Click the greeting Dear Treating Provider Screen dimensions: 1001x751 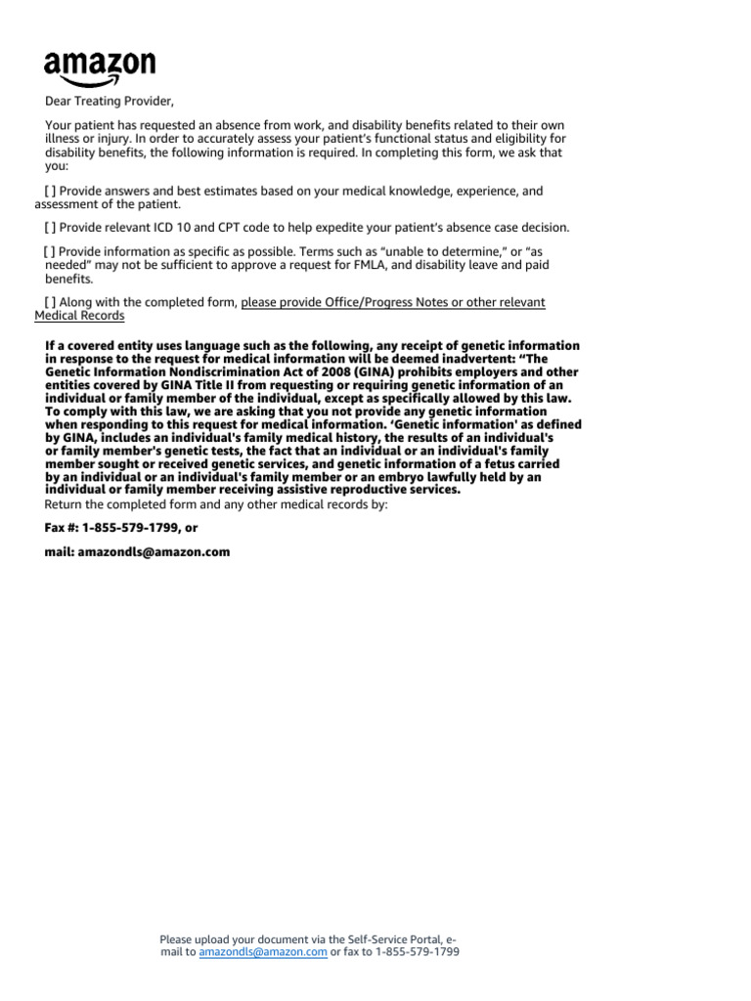tap(110, 101)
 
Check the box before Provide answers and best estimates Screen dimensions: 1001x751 tap(50, 192)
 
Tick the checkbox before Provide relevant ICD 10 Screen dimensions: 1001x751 tap(50, 227)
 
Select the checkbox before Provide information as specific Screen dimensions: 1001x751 tap(50, 251)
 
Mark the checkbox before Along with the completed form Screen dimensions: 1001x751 tap(50, 302)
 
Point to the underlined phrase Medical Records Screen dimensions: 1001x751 tap(79, 316)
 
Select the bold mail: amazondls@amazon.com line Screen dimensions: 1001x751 tap(137, 551)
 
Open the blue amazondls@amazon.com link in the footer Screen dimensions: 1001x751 tap(262, 952)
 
